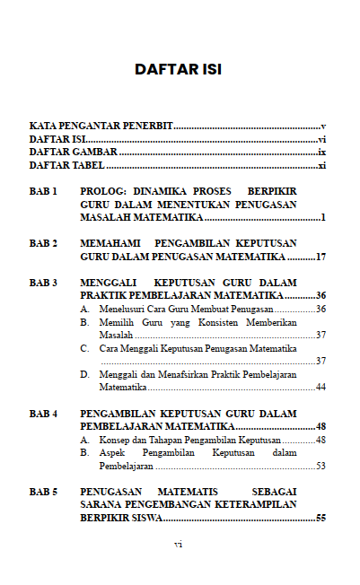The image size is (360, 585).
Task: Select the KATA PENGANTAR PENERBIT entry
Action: click(x=101, y=127)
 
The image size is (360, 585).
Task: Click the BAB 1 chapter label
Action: click(x=43, y=192)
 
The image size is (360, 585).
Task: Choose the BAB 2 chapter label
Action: click(x=43, y=243)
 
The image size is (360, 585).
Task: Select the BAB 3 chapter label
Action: click(x=43, y=283)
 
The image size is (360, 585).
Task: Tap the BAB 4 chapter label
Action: click(x=43, y=414)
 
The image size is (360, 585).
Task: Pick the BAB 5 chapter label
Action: click(x=43, y=493)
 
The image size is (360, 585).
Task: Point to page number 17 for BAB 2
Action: click(x=320, y=257)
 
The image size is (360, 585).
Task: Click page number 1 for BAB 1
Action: click(x=322, y=218)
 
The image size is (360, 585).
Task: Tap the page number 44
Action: click(x=320, y=388)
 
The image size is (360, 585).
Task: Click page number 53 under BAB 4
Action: click(x=320, y=467)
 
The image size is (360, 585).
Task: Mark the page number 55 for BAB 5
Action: click(x=320, y=519)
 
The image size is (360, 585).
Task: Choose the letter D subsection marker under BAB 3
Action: click(x=84, y=374)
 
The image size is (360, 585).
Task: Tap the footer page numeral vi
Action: click(x=178, y=544)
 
